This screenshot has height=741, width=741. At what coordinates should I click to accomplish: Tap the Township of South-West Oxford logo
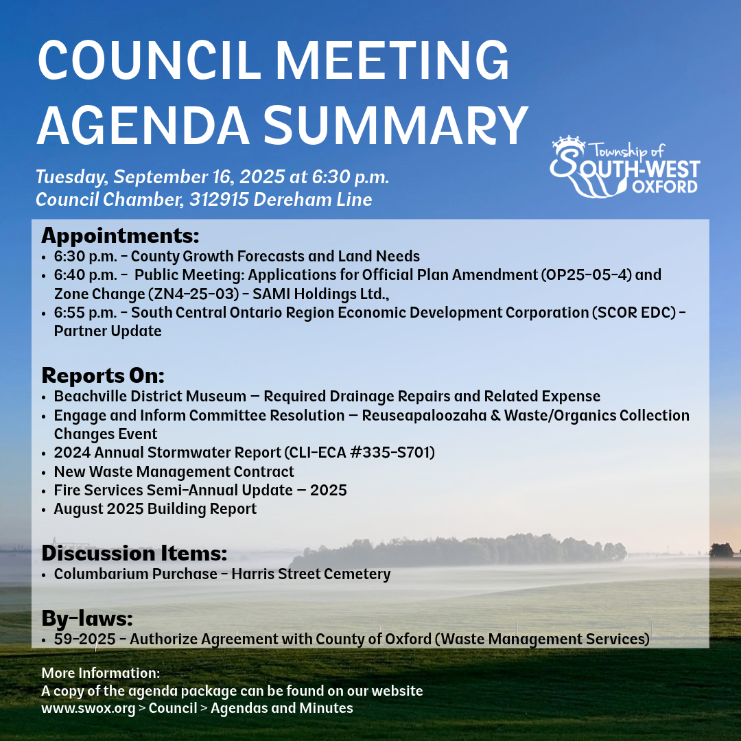click(x=624, y=166)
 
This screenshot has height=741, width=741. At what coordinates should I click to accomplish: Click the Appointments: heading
click(x=120, y=236)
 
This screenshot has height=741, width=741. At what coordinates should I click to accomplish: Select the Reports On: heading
click(x=103, y=376)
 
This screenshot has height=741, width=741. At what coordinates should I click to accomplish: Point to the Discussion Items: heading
click(x=134, y=553)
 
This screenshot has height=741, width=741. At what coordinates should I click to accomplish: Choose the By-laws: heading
click(x=86, y=619)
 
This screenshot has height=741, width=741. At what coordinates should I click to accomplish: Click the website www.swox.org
click(x=88, y=708)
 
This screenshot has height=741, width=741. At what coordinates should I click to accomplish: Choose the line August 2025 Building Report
click(x=155, y=509)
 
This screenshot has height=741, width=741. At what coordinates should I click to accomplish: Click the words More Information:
click(x=101, y=672)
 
